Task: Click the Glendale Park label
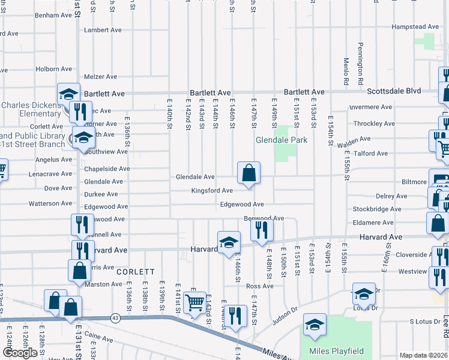(x=282, y=140)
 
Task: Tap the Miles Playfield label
(x=328, y=351)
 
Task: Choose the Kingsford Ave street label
(x=212, y=191)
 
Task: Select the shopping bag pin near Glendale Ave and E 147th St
(x=248, y=173)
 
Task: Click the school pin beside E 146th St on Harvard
(x=228, y=242)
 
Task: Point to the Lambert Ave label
(x=103, y=30)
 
